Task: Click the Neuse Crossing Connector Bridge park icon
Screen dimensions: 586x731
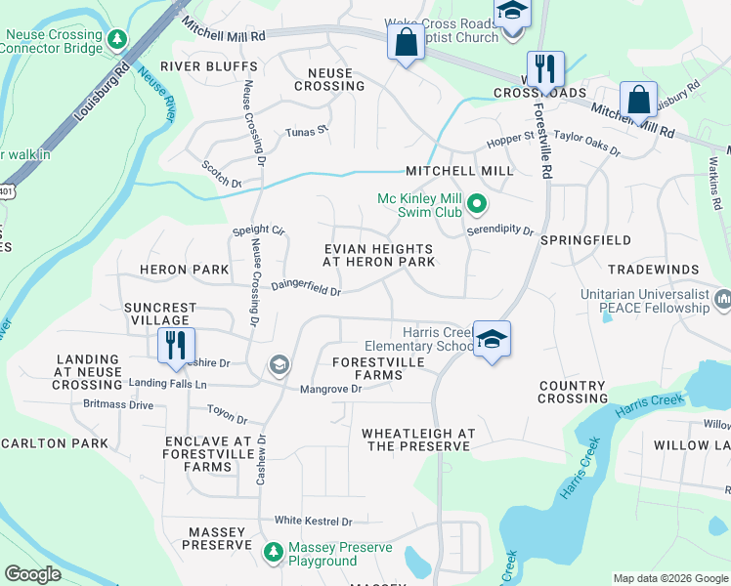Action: tap(118, 39)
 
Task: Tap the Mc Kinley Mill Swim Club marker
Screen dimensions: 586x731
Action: tap(477, 204)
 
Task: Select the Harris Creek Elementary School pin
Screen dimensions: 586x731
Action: tap(493, 340)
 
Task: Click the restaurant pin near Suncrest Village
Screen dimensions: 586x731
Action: tap(177, 345)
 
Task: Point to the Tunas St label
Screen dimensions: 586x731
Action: tap(306, 132)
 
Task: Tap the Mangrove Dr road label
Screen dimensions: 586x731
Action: tap(330, 389)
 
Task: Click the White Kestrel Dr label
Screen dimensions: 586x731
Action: tap(313, 522)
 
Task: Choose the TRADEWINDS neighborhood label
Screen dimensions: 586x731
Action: tap(654, 270)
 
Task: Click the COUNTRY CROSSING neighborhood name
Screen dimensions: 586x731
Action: tap(572, 392)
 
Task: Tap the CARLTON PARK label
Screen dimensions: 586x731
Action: tap(54, 443)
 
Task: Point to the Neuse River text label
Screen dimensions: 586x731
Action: tap(156, 94)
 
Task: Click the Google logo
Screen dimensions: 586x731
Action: tap(32, 574)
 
